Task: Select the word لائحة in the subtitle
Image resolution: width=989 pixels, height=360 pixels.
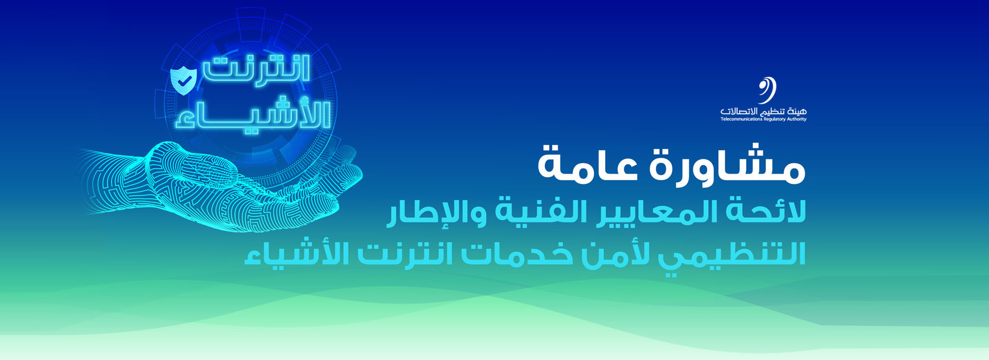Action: click(765, 212)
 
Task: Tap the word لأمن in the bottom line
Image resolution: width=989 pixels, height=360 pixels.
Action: click(613, 253)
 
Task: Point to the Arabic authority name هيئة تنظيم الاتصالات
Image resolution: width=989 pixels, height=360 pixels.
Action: click(763, 111)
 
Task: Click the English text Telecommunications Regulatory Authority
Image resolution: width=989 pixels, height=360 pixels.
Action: click(763, 119)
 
